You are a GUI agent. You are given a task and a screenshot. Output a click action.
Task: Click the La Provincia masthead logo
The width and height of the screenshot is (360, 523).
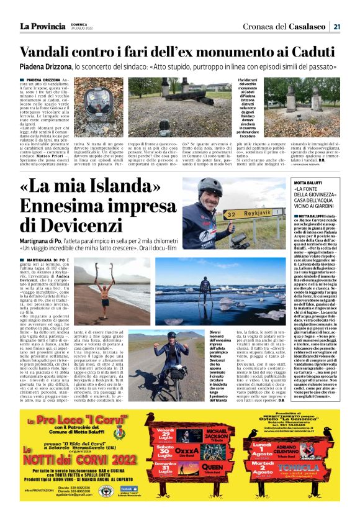pyautogui.click(x=42, y=26)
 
